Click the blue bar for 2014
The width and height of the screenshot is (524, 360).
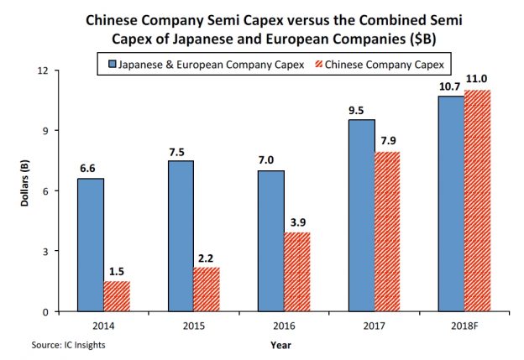tap(91, 244)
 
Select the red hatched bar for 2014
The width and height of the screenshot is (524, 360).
tap(118, 296)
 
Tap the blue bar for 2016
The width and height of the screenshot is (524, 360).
tap(270, 240)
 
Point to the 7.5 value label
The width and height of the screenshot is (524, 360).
tap(180, 152)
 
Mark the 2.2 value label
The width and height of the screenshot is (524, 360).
tap(206, 258)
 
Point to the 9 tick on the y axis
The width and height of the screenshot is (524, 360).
tap(53, 130)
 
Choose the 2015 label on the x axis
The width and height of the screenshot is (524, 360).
tap(194, 324)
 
